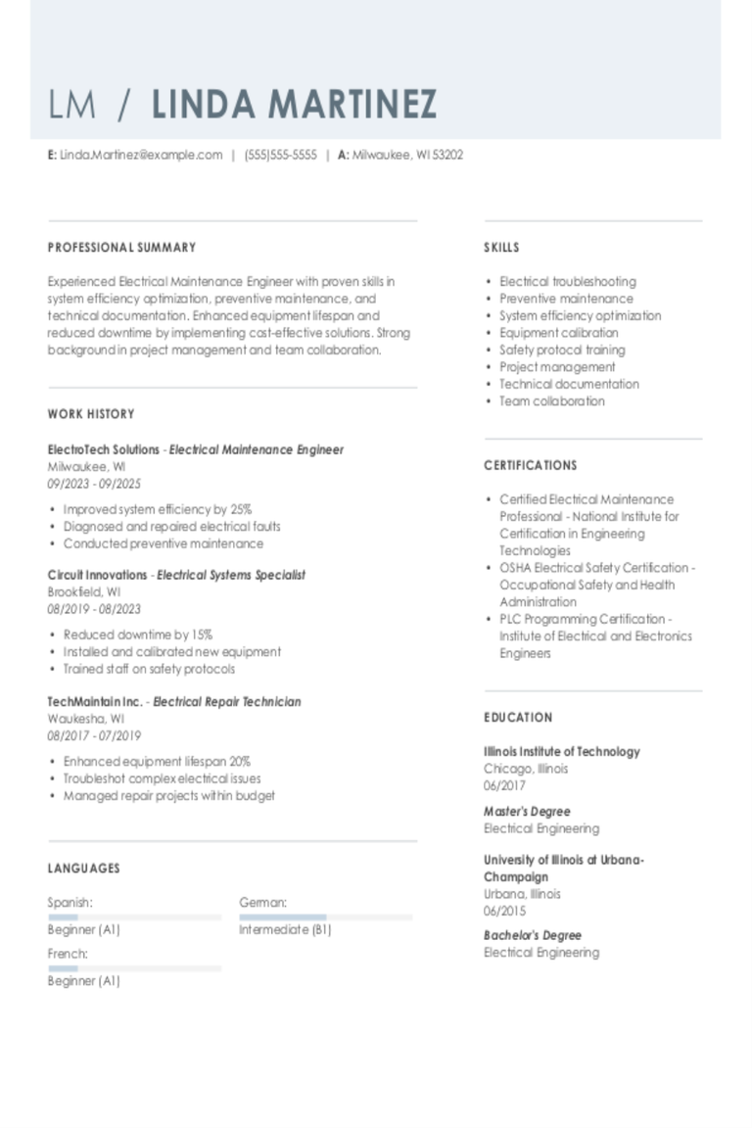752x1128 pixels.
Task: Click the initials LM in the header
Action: pos(72,104)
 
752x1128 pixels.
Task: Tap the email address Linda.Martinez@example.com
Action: pos(141,155)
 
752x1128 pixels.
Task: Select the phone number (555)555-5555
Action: pos(280,155)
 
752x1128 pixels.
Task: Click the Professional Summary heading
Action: pos(121,248)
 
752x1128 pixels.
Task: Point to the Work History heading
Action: pos(91,414)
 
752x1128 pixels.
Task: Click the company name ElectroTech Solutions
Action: pos(103,449)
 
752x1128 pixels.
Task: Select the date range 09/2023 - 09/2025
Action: pos(94,484)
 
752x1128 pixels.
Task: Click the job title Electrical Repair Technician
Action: pos(227,702)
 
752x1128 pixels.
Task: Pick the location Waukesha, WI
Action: pos(86,719)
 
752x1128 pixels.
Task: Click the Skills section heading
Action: pos(501,248)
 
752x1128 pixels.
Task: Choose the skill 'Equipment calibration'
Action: pos(559,333)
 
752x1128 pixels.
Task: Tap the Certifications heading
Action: pos(531,465)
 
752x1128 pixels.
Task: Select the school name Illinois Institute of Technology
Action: pos(561,752)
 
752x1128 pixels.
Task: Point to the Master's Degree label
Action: pos(527,812)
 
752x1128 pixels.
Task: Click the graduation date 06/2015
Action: pos(504,911)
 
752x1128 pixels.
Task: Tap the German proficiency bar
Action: pos(325,917)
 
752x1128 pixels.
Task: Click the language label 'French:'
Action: pos(68,954)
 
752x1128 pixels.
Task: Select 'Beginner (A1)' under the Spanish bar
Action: pos(83,929)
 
